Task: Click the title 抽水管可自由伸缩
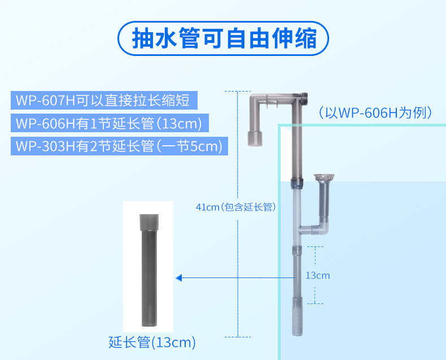223,38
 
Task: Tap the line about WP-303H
118,146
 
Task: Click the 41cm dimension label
207,207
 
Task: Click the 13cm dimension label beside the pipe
317,276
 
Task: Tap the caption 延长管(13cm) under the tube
152,342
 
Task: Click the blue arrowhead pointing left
178,278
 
